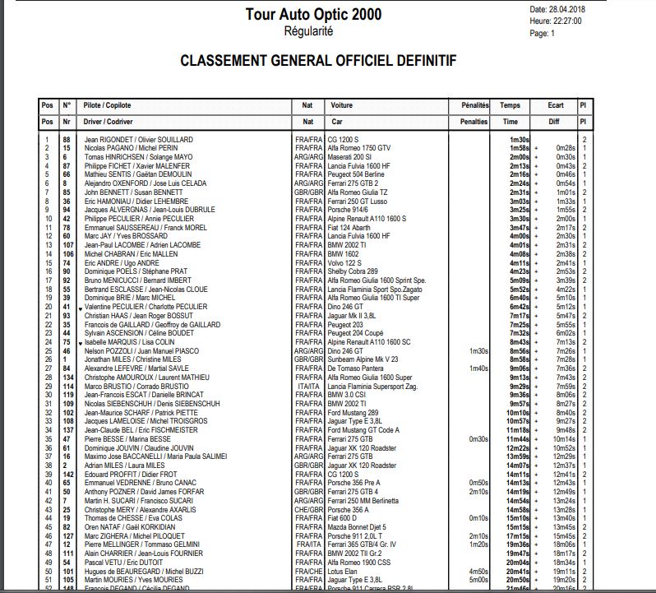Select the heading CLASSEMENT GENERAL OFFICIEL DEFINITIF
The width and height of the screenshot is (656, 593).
coord(317,62)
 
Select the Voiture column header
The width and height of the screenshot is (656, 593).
coord(341,106)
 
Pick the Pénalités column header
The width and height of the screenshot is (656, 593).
coord(469,106)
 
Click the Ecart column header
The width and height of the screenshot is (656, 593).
coord(556,106)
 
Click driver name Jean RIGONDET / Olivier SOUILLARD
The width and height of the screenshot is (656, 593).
coord(138,140)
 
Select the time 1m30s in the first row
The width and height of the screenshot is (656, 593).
coord(520,140)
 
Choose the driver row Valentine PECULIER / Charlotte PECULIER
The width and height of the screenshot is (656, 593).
coord(147,305)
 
